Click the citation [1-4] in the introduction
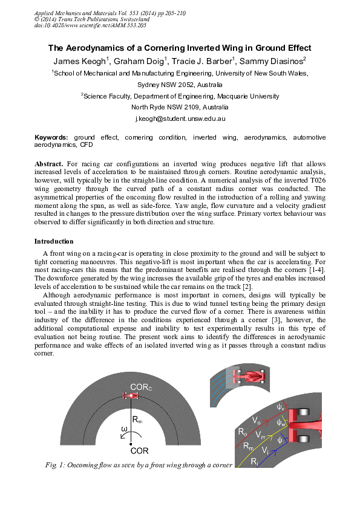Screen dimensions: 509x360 [315, 268]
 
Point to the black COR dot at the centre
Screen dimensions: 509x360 [131, 444]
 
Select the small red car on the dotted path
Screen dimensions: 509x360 [131, 395]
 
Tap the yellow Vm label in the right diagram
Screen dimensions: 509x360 [260, 435]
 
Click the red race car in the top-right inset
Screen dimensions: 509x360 [250, 375]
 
